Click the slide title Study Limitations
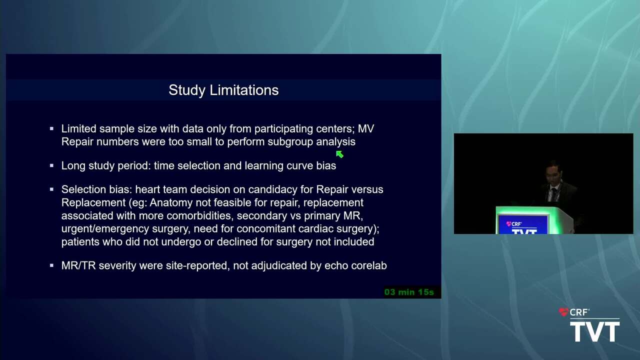pyautogui.click(x=223, y=90)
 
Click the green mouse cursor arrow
pyautogui.click(x=339, y=154)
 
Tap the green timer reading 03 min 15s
pyautogui.click(x=409, y=292)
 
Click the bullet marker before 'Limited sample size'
pyautogui.click(x=51, y=129)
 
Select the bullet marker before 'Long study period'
pyautogui.click(x=51, y=165)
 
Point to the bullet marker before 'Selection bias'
pyautogui.click(x=51, y=189)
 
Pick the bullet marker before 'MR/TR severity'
pyautogui.click(x=51, y=265)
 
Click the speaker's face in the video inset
pyautogui.click(x=554, y=172)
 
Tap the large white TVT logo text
pyautogui.click(x=595, y=331)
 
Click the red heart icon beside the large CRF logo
pyautogui.click(x=563, y=311)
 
